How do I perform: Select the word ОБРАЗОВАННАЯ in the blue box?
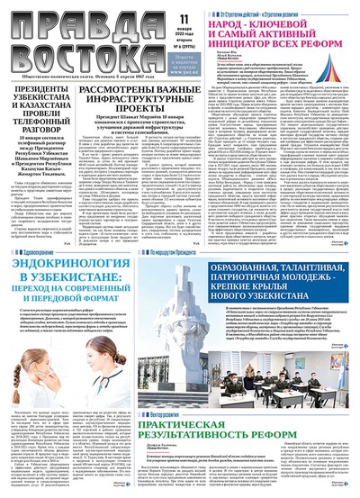coord(235,297)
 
